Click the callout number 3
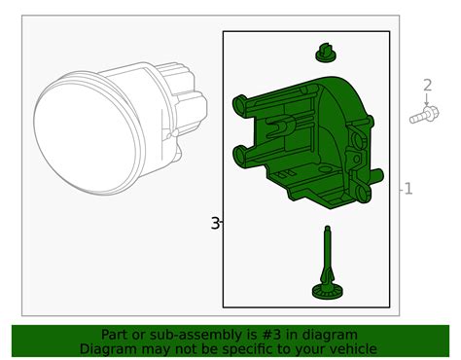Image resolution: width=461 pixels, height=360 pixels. coord(215,223)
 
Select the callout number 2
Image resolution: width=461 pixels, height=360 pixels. coord(428,86)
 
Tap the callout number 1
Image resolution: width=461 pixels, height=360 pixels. coord(408,189)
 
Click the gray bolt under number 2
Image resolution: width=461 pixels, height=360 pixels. coord(424,115)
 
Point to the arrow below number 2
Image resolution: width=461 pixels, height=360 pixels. coord(427,99)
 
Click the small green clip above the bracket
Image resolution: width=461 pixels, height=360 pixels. coord(326,54)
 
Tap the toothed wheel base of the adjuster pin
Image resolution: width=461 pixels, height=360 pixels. coord(328,291)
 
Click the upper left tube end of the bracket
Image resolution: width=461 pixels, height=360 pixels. coord(240,104)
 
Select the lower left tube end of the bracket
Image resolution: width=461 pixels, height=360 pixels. coord(240,157)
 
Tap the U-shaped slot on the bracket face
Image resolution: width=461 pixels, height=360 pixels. coord(279,126)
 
